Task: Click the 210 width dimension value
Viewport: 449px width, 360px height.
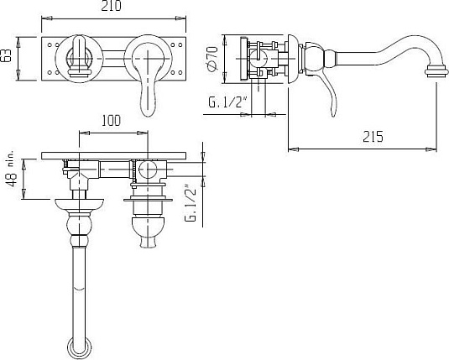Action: [x=111, y=6]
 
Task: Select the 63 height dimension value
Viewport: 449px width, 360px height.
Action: [x=7, y=55]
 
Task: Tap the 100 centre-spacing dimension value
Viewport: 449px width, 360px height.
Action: [x=111, y=121]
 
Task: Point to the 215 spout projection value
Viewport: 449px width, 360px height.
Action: [x=373, y=136]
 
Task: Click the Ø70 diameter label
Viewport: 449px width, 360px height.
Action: [x=212, y=59]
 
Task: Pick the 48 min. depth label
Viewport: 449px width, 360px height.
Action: [x=12, y=172]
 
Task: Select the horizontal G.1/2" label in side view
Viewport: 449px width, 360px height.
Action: [x=228, y=102]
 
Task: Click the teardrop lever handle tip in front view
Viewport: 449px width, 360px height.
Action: [x=149, y=110]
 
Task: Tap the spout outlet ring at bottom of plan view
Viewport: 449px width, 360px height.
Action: [x=80, y=347]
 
